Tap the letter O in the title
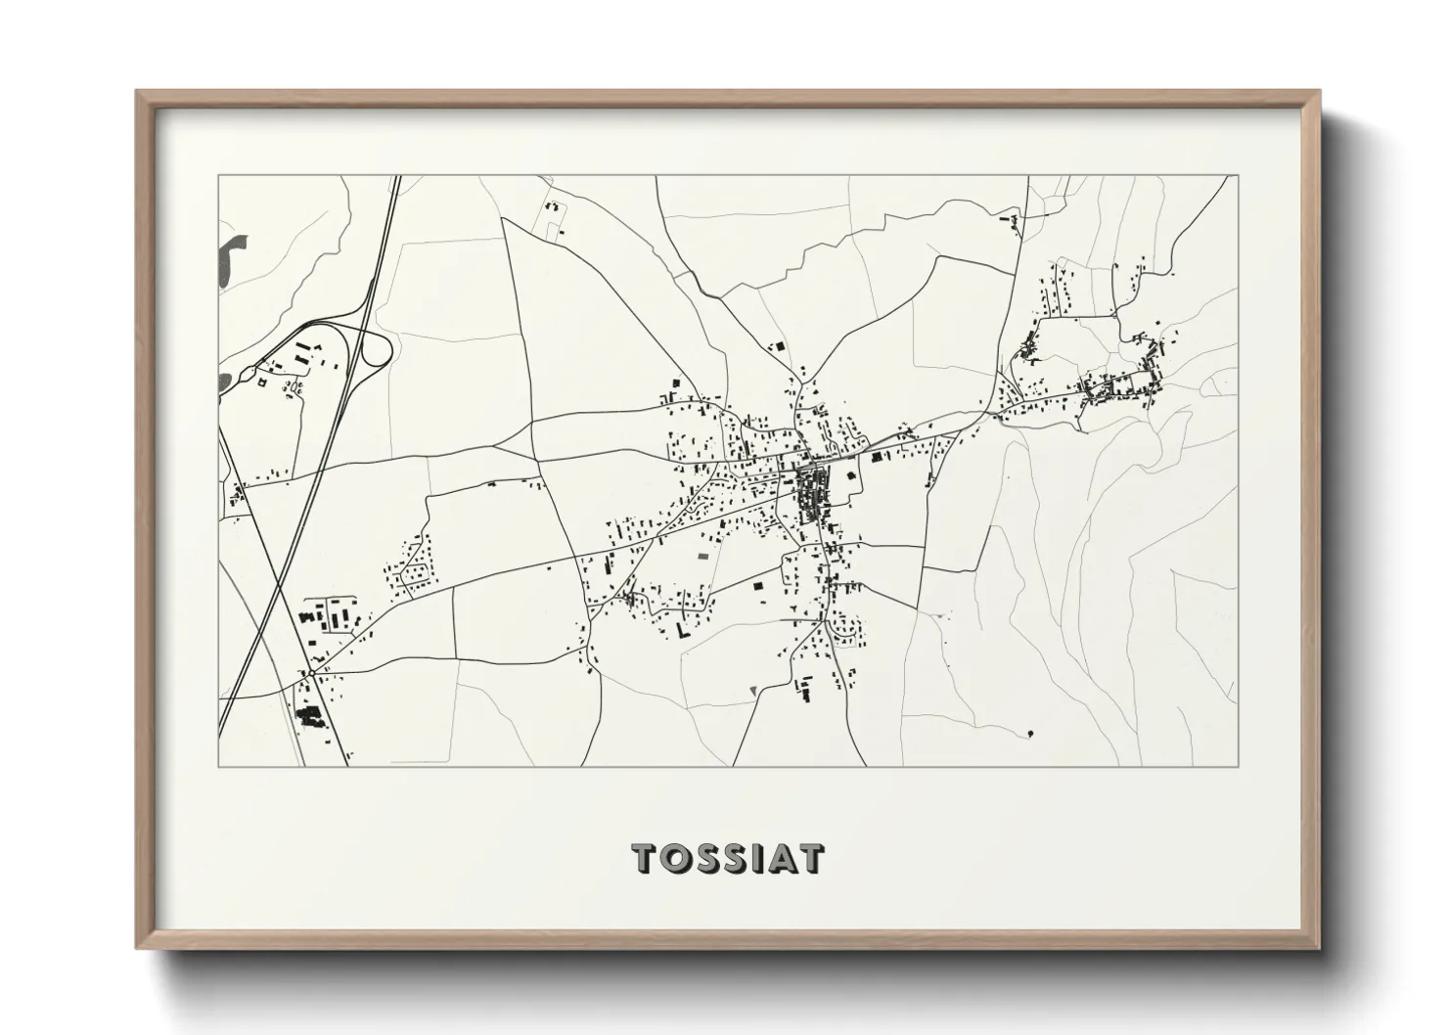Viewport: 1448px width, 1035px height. click(679, 858)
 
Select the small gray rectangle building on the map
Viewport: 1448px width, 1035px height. click(701, 556)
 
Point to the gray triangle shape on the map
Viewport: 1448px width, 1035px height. click(751, 692)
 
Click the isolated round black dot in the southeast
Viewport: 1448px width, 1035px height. click(1031, 733)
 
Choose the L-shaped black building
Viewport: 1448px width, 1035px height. click(679, 630)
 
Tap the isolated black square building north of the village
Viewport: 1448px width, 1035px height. click(780, 345)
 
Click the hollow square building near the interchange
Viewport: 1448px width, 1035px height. click(260, 382)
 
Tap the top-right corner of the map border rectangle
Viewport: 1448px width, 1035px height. click(1238, 176)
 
